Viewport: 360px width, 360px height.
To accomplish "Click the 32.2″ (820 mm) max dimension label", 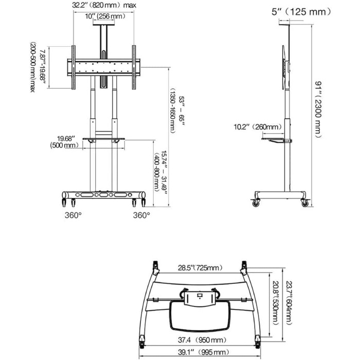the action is (x=104, y=5).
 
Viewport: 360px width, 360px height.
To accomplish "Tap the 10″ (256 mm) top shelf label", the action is (x=105, y=16).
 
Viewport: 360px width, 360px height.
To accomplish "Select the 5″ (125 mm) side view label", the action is (x=301, y=12).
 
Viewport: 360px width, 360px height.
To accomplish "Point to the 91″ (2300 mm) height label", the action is (x=318, y=110).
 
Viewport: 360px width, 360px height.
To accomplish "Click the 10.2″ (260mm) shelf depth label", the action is (x=258, y=127).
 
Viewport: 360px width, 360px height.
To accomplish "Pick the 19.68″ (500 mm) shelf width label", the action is (x=64, y=142).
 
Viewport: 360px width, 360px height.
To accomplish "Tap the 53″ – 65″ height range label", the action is (x=177, y=111).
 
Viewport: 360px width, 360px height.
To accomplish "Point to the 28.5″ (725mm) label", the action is (x=200, y=268).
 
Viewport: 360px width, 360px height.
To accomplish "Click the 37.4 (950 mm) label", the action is (x=202, y=340).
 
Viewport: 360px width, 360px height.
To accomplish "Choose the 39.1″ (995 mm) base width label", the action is (x=204, y=352).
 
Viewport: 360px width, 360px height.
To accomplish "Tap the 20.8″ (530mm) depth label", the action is (x=275, y=303).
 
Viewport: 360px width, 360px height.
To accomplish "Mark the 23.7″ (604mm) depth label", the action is (x=289, y=303).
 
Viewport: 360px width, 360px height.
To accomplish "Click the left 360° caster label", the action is (x=73, y=215).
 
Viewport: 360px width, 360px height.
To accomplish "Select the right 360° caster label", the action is (x=141, y=215).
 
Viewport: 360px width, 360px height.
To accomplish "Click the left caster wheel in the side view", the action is (x=256, y=203).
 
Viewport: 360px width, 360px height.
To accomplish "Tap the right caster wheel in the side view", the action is (x=304, y=203).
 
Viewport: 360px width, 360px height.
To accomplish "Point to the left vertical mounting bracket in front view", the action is (x=74, y=67).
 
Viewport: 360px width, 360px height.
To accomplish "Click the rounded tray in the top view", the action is (x=200, y=316).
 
